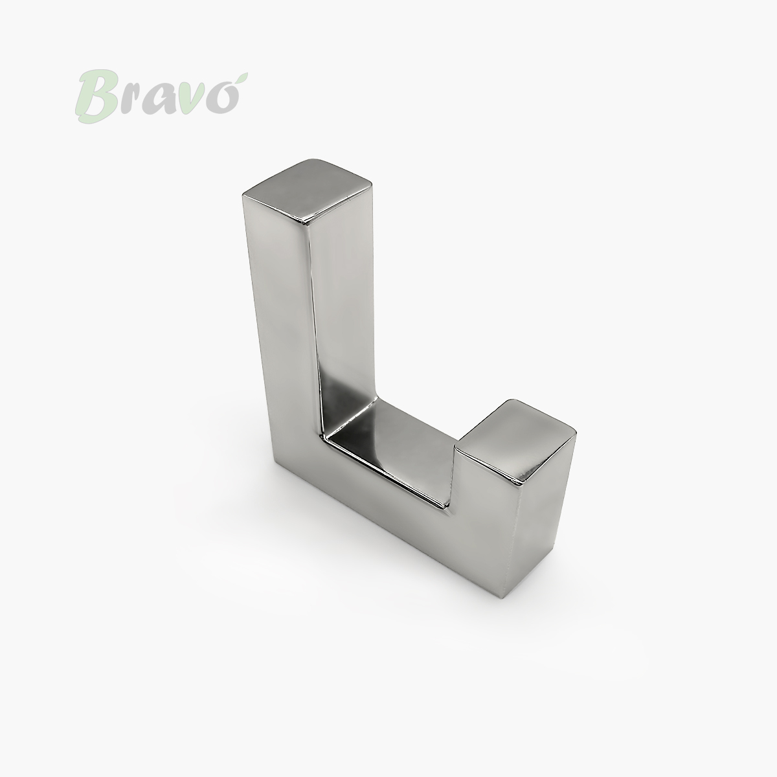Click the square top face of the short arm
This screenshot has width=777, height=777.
[515, 441]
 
